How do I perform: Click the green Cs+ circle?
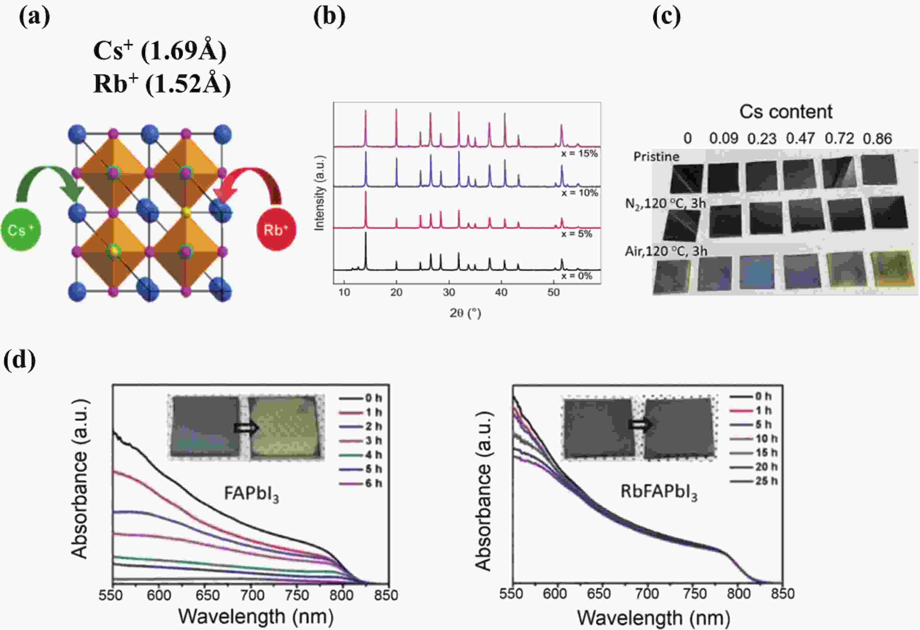(x=20, y=230)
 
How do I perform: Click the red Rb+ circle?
(x=276, y=230)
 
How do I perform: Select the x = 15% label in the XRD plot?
(x=579, y=154)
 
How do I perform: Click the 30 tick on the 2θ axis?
(x=449, y=293)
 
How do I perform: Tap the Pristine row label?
(x=656, y=157)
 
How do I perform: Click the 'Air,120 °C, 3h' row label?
(x=666, y=251)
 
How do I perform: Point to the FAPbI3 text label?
(x=251, y=494)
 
